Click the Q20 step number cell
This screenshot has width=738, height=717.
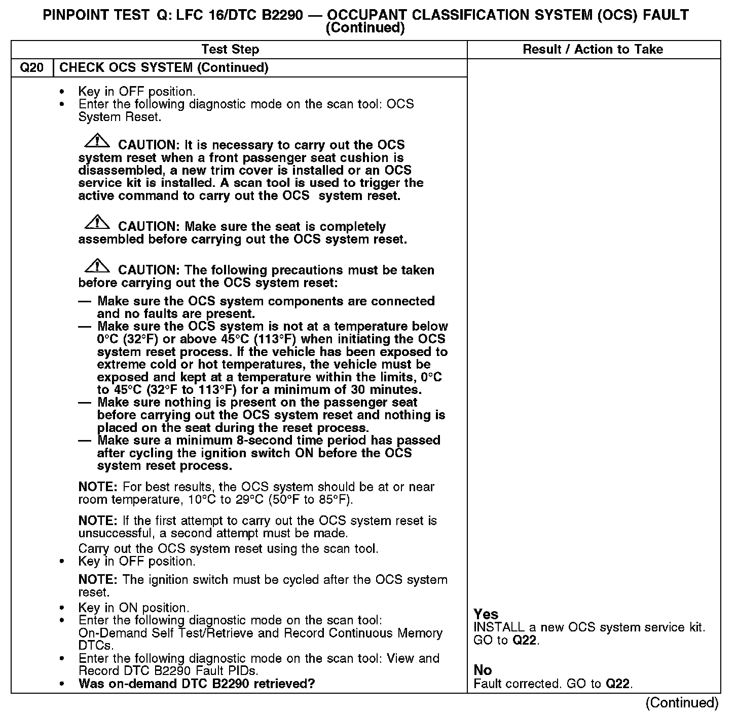(32, 68)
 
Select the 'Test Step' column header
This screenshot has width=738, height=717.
(230, 50)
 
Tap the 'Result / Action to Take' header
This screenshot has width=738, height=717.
(593, 50)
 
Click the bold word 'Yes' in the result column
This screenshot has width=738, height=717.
(486, 614)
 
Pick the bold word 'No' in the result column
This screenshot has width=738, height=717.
(483, 670)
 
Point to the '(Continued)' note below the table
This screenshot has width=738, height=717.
(682, 703)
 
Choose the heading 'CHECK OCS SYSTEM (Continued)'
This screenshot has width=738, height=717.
(164, 68)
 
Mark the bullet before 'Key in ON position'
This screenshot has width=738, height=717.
(62, 608)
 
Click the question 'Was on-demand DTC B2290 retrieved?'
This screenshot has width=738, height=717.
(197, 684)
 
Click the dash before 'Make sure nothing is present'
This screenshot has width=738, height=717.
(85, 403)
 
